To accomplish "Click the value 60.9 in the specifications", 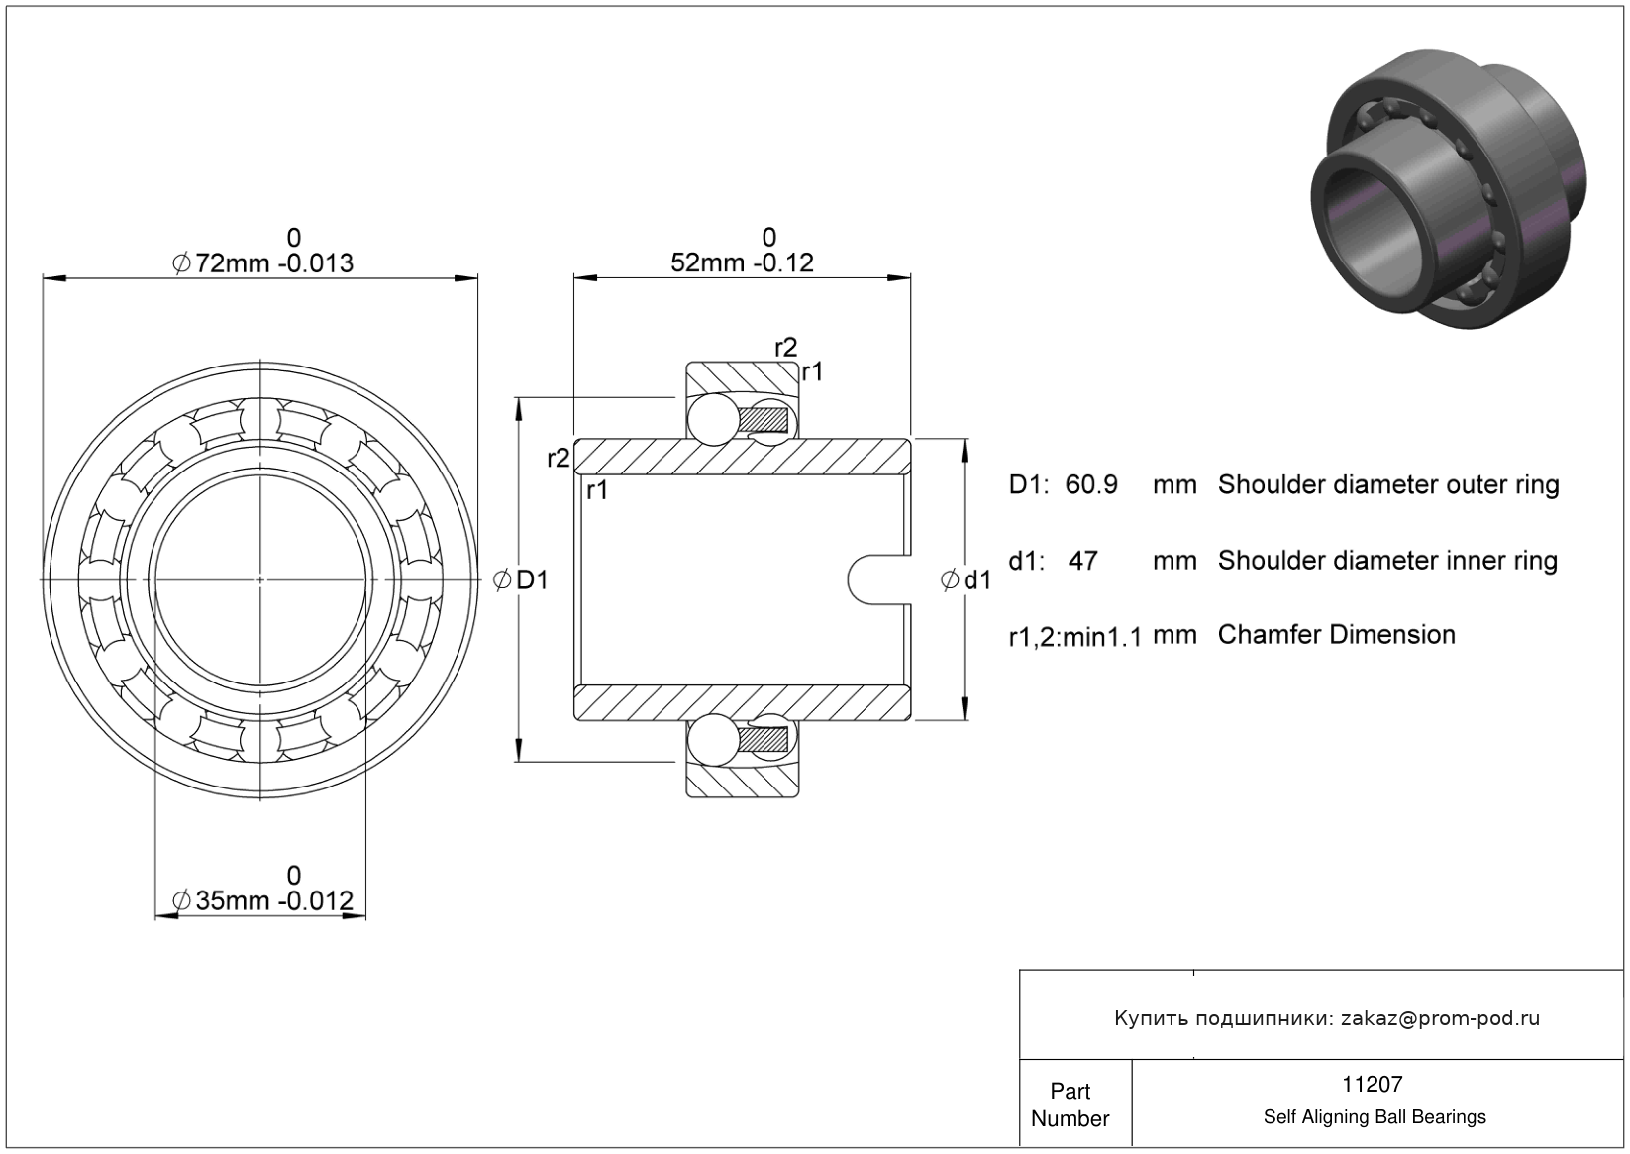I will [1091, 485].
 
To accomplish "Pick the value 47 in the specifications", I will [1083, 561].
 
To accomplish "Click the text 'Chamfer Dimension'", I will [1336, 635].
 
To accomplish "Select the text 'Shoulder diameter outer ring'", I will [1387, 485].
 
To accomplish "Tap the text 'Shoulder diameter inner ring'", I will [1386, 561].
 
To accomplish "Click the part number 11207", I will [1374, 1085].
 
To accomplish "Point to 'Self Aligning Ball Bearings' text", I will [1374, 1117].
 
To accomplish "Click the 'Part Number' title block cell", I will [1070, 1104].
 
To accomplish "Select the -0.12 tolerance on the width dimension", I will [783, 263].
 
